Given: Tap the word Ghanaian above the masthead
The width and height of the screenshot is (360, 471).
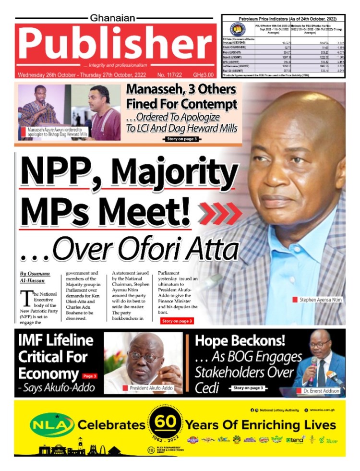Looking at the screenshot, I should tap(114, 18).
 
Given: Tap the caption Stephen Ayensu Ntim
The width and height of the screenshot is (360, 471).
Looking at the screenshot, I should tap(320, 300).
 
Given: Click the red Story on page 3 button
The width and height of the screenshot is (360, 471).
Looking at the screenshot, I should tap(177, 321).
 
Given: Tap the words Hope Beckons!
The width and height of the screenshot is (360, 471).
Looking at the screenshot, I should tap(240, 341).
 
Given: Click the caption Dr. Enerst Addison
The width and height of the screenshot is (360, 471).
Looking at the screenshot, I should tap(321, 391).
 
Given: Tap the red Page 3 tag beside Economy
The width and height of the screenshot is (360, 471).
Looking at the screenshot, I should tap(90, 376).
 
